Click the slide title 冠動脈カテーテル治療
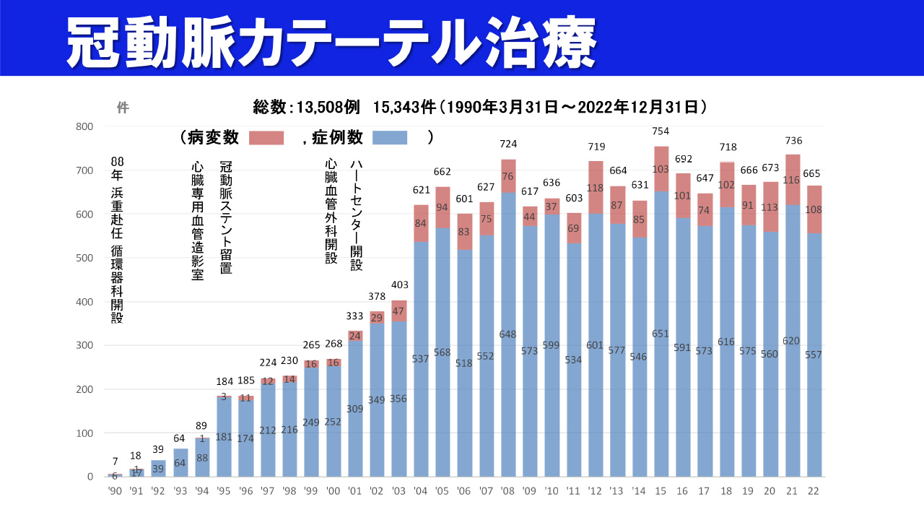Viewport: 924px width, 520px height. (331, 40)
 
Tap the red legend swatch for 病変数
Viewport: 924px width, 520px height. (266, 137)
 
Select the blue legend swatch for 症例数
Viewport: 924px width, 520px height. (390, 137)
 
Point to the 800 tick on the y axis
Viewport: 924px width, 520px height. (84, 126)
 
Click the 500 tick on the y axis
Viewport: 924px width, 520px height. (84, 258)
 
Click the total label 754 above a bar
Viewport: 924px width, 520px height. (661, 131)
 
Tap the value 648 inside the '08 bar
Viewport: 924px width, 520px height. (508, 334)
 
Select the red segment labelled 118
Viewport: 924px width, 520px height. (595, 188)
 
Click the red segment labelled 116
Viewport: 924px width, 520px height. (793, 179)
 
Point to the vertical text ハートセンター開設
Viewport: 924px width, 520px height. (356, 215)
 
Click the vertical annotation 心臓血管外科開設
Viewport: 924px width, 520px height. (331, 212)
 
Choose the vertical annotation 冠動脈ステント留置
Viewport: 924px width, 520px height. (226, 217)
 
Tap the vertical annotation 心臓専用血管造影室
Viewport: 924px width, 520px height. (197, 220)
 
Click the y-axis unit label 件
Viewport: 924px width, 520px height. (123, 108)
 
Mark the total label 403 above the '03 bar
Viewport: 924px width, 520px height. (398, 285)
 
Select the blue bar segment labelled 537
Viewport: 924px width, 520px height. (421, 359)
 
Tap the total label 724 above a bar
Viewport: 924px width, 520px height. (508, 144)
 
